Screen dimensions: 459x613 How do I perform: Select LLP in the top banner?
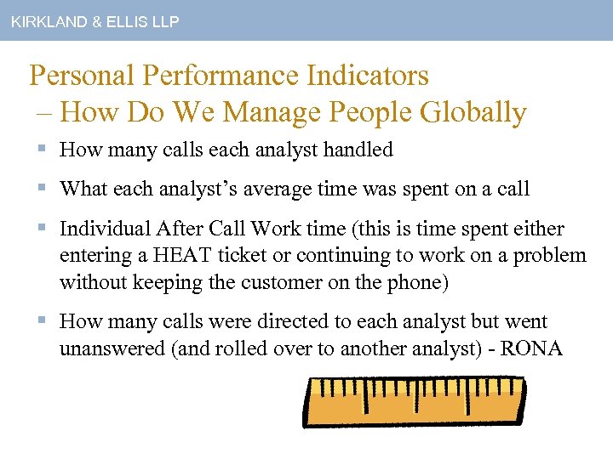[163, 22]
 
